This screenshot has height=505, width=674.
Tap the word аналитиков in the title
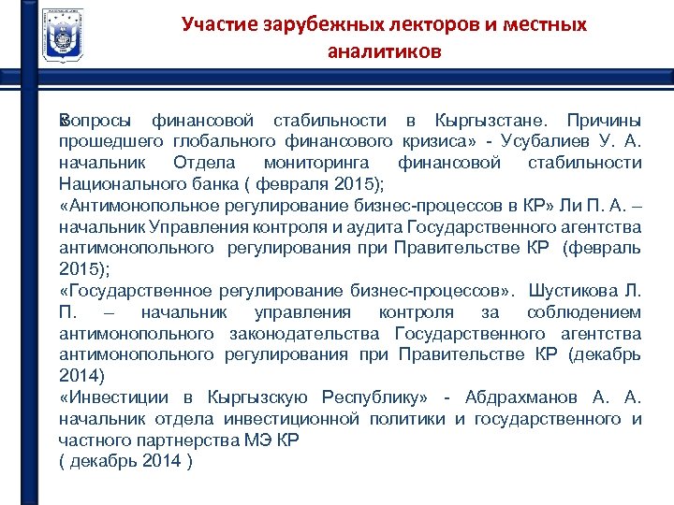pos(384,52)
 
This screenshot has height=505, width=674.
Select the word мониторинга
pos(313,163)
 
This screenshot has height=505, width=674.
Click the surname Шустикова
pos(578,291)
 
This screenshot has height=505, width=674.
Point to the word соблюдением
pos(584,312)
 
